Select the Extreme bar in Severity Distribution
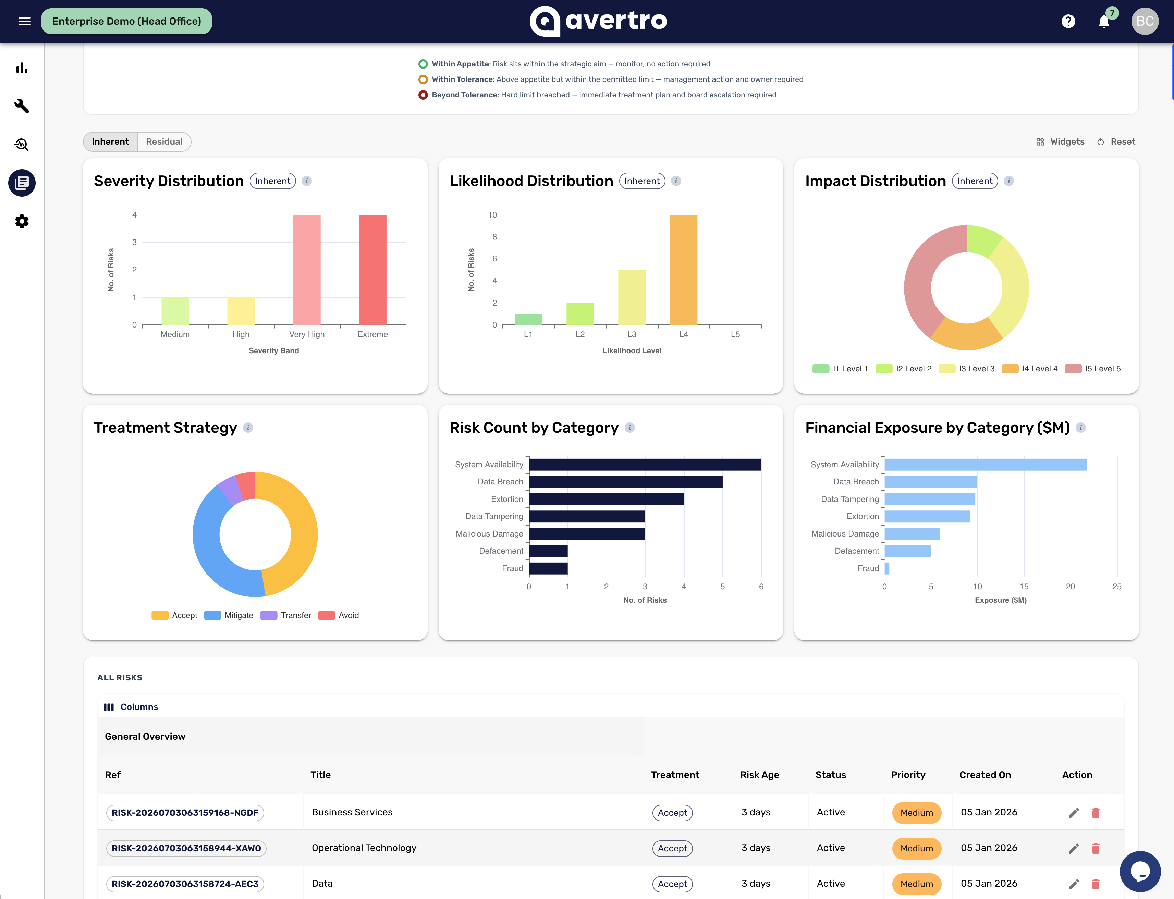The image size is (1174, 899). point(372,270)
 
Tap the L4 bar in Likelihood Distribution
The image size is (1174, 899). point(683,270)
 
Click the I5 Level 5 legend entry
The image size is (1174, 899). point(1093,369)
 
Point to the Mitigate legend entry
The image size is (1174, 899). point(229,615)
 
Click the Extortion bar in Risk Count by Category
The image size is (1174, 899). point(606,499)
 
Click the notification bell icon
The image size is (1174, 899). point(1104,21)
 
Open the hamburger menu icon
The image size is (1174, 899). point(25,21)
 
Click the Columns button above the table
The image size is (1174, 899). point(131,707)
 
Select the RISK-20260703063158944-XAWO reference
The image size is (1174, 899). point(186,848)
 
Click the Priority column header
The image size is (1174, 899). point(908,775)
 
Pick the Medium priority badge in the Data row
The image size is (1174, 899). point(917,884)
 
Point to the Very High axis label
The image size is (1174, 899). point(307,334)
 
